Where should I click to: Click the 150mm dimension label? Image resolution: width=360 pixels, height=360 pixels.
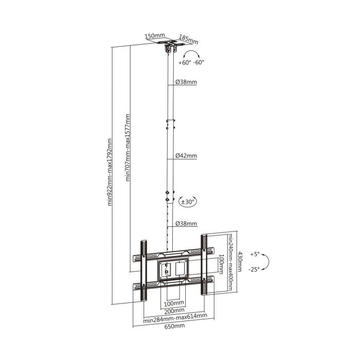point(151,37)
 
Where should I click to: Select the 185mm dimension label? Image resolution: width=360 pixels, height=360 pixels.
point(188,39)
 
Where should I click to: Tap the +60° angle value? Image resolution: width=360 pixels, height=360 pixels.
point(185,63)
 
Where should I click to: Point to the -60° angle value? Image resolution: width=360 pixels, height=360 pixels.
point(198,63)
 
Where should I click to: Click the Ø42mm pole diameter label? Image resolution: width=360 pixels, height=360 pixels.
point(186,155)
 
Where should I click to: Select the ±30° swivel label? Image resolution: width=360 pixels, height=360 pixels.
point(187,202)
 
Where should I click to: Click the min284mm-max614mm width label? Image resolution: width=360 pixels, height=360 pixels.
point(175,317)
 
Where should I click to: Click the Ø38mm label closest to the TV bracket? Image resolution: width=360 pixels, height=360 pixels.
point(186,224)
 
